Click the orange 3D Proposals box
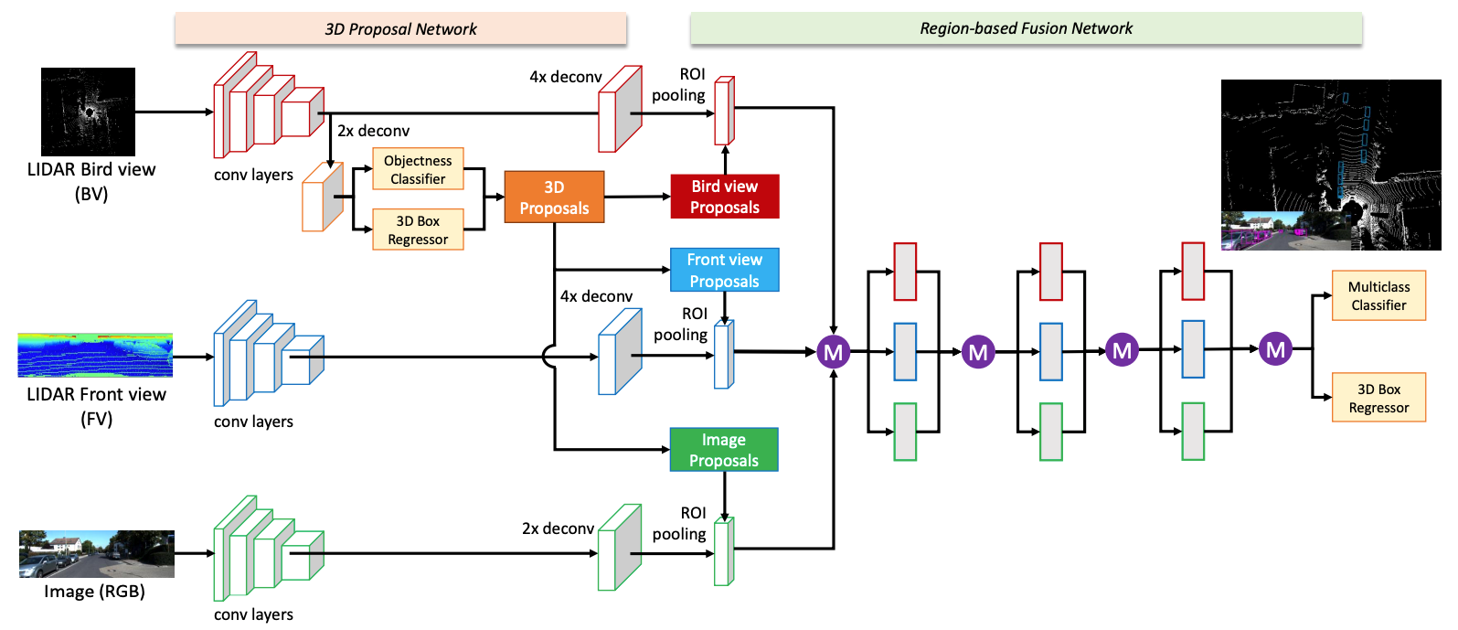pos(554,198)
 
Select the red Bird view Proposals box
pos(724,197)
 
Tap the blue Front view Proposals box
pos(724,270)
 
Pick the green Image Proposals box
pos(723,450)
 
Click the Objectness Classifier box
pos(418,169)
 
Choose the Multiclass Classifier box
pos(1378,295)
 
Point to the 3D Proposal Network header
pos(400,28)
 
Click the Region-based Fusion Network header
pos(1026,28)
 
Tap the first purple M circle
pos(833,352)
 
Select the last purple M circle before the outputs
pos(1275,348)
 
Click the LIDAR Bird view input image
pos(88,112)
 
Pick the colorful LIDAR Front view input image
pos(95,355)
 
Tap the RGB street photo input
pos(97,554)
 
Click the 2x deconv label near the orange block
pos(373,131)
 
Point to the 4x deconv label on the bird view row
pos(565,77)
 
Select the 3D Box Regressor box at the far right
pos(1378,398)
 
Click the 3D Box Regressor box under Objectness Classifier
pos(418,230)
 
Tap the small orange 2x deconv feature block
pos(323,197)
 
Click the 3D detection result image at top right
pos(1330,165)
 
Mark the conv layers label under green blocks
pos(253,614)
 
